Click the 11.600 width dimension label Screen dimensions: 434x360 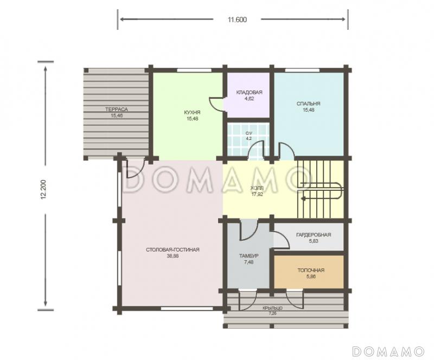[x=237, y=20]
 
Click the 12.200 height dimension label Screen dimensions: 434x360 [x=43, y=190]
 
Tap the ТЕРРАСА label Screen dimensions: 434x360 [x=117, y=110]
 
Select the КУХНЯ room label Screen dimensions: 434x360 [x=192, y=113]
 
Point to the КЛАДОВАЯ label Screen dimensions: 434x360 [x=249, y=92]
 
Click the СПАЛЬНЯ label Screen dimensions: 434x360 [x=308, y=104]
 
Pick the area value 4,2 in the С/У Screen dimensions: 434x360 [x=248, y=138]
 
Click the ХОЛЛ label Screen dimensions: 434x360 [x=257, y=188]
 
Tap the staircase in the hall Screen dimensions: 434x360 [x=320, y=190]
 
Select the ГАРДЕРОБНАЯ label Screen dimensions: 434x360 [x=314, y=235]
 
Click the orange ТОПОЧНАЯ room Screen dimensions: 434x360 [x=309, y=272]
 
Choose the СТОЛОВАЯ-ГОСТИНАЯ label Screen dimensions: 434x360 [x=173, y=250]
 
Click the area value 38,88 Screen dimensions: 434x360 [x=173, y=256]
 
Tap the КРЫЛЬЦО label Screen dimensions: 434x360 [x=273, y=308]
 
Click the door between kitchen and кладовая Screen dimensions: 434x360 [x=218, y=104]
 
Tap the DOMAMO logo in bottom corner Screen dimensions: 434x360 [x=388, y=351]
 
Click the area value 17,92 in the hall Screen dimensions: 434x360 [x=257, y=194]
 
